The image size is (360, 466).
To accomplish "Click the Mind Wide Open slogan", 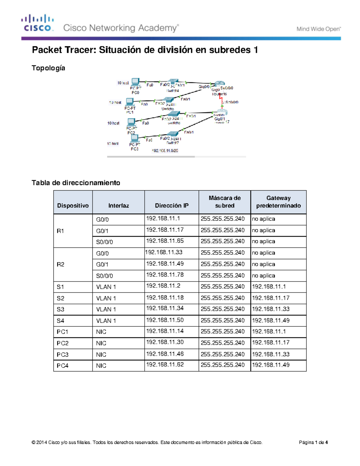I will coord(318,29).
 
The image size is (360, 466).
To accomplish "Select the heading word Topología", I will coord(48,68).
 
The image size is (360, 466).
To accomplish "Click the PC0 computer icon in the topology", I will coord(135,82).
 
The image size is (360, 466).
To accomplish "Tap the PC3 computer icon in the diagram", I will coord(134,138).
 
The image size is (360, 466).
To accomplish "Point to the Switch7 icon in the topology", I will coord(172,134).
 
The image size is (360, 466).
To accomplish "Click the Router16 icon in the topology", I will coord(220,84).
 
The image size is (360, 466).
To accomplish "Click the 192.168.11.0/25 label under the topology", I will coord(165,151).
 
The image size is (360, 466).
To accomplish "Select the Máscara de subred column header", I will coord(224,202).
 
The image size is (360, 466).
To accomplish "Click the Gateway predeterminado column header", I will coord(278,202).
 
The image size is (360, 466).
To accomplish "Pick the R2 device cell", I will coord(61,264).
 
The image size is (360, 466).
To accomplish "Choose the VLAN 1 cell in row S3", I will coord(106,309).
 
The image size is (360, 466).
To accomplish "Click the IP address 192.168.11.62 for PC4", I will coord(165,365).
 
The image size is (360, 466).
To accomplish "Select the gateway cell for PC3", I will coord(271,354).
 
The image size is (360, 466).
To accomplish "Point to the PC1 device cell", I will coord(62,332).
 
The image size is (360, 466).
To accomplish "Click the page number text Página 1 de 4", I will coord(313,442).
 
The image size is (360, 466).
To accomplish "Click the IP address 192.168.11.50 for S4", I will coord(165,320).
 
